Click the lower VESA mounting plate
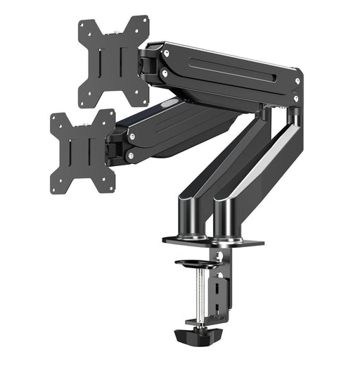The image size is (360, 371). (82, 151)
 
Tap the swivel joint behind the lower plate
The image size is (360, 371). (115, 144)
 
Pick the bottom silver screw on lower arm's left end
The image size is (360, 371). (131, 155)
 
